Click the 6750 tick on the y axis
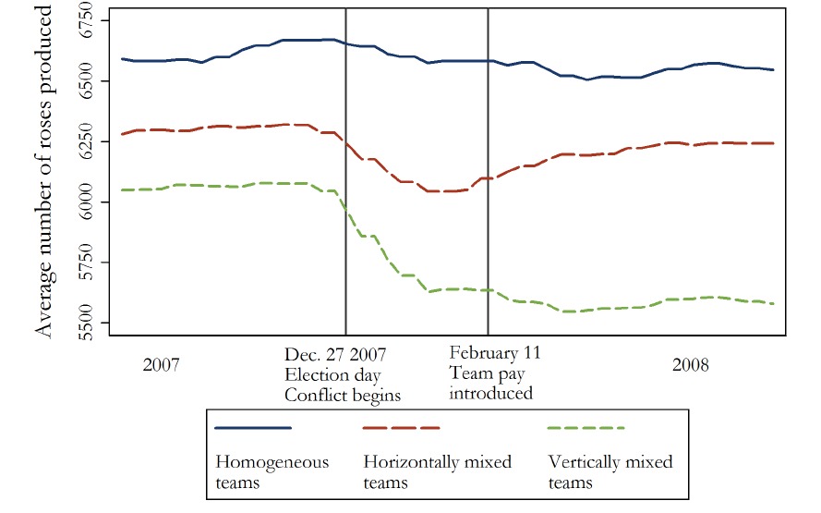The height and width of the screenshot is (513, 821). click(x=90, y=20)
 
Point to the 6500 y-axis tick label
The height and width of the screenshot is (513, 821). click(x=90, y=81)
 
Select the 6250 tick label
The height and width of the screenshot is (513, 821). click(x=90, y=141)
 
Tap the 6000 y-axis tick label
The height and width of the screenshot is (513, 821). click(x=90, y=202)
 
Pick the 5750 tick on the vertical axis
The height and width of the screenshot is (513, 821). click(x=90, y=263)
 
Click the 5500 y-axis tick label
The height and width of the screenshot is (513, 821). click(x=90, y=323)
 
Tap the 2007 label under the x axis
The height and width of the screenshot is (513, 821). click(x=163, y=364)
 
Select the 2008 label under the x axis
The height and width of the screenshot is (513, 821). click(x=690, y=364)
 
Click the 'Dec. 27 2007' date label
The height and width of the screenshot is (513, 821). click(x=335, y=355)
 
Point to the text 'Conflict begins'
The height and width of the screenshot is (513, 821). click(x=342, y=395)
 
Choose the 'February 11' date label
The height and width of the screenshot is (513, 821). click(x=495, y=353)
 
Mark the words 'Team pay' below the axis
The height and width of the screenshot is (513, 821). click(x=479, y=373)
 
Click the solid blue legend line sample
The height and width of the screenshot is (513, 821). click(x=252, y=428)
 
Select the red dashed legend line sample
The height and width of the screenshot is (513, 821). click(x=401, y=428)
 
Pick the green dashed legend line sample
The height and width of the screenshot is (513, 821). click(x=586, y=428)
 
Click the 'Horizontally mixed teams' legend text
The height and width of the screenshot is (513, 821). click(x=438, y=471)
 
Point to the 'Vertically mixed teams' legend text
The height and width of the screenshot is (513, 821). click(x=610, y=471)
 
